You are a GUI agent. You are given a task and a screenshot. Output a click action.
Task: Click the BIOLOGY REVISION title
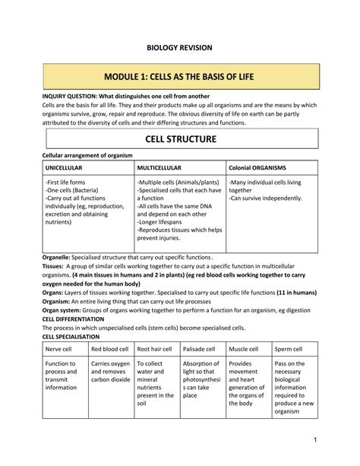coord(179,48)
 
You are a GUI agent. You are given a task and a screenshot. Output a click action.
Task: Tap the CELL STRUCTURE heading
coord(180,139)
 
